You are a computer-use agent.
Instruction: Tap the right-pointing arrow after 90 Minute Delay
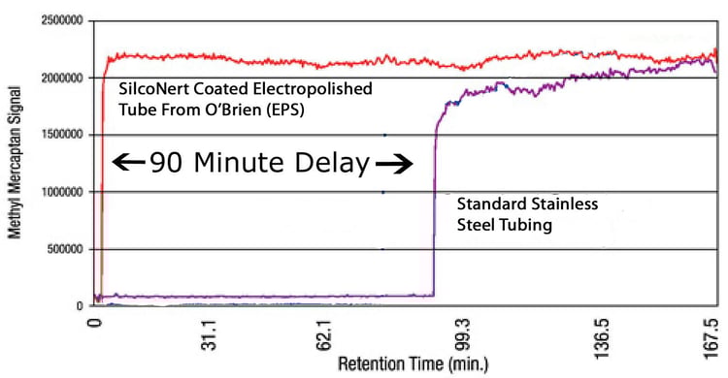click(394, 165)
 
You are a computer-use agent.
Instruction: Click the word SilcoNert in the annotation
click(152, 88)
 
